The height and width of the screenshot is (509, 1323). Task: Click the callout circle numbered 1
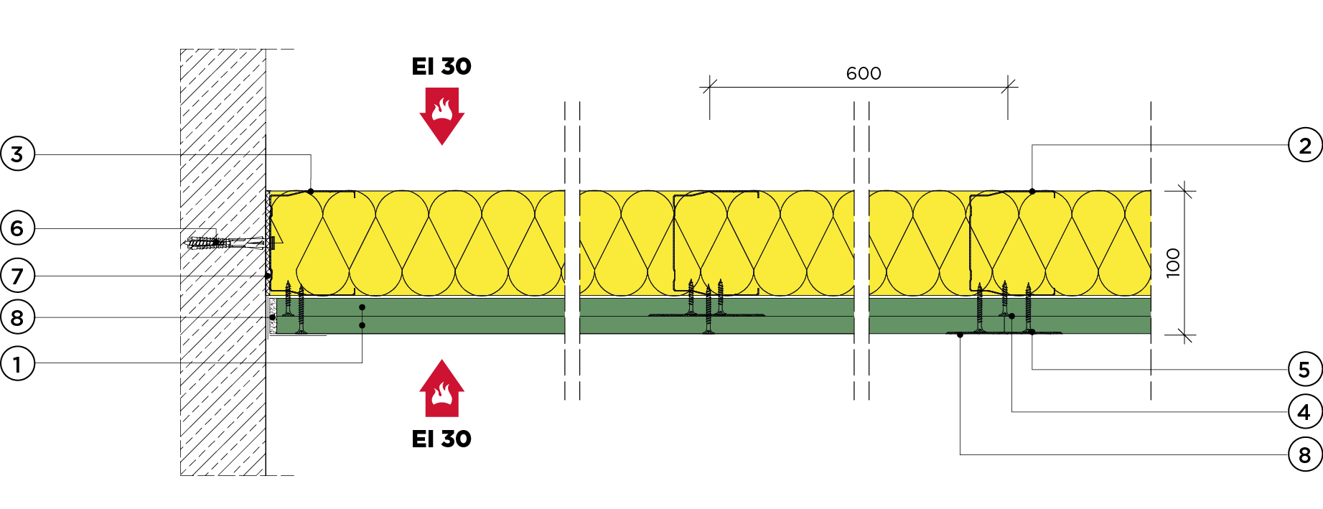[17, 364]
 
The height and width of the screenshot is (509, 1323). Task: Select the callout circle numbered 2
[1304, 146]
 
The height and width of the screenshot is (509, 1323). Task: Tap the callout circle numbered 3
[17, 154]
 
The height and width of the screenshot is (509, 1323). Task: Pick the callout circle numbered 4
[1304, 412]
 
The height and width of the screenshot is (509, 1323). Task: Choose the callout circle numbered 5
[1304, 370]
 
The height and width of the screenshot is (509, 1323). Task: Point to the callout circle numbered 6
[17, 228]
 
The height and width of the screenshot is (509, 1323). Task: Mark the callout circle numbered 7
[17, 276]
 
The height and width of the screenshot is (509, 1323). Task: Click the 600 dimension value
[863, 73]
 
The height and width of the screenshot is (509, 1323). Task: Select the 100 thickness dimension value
[1173, 263]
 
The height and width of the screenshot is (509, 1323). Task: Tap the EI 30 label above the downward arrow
[441, 67]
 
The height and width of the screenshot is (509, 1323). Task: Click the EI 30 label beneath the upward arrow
[441, 439]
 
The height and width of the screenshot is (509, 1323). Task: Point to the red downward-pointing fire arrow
[442, 116]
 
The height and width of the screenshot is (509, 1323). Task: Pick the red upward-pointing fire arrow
[442, 388]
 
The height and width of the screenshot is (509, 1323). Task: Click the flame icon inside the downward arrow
[442, 110]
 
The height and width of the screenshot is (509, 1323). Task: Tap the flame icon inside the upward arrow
[442, 394]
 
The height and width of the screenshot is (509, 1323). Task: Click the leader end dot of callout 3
[311, 191]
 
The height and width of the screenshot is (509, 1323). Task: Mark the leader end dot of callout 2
[1032, 191]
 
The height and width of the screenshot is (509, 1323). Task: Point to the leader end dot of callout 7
[268, 276]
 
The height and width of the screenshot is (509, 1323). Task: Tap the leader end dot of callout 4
[1012, 316]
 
